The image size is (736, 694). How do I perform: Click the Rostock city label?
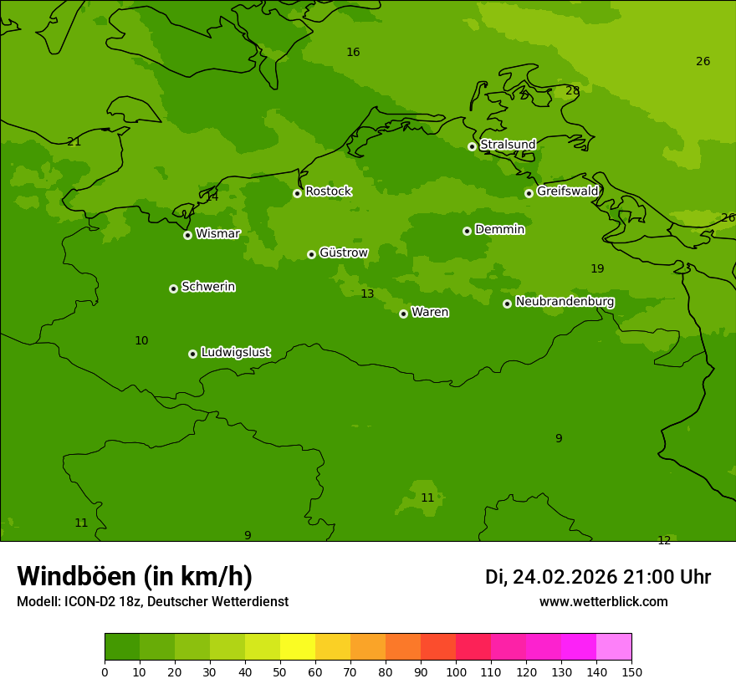(328, 191)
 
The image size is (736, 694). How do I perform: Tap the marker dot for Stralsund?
(472, 146)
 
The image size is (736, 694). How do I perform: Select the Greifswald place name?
(567, 191)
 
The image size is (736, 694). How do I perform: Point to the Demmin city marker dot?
(467, 231)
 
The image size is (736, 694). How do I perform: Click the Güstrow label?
(343, 253)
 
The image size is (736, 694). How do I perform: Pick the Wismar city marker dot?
(187, 235)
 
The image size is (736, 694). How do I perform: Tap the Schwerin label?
(208, 287)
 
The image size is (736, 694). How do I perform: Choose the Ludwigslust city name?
(235, 353)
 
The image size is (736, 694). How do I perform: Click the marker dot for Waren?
(403, 314)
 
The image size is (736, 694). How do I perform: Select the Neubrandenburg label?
(565, 302)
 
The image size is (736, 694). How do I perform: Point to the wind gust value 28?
(572, 91)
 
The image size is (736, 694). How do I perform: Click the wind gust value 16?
(353, 53)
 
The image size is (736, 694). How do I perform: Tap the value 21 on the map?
(74, 142)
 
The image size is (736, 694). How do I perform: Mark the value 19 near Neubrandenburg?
(597, 269)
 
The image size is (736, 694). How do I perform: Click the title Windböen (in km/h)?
(135, 576)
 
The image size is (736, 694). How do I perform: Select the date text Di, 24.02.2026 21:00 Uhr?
(598, 577)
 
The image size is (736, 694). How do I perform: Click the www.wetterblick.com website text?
(603, 602)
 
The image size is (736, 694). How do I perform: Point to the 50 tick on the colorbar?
(280, 671)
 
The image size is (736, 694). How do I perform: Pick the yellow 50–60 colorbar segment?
(298, 647)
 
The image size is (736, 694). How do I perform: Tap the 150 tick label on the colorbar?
(631, 671)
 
